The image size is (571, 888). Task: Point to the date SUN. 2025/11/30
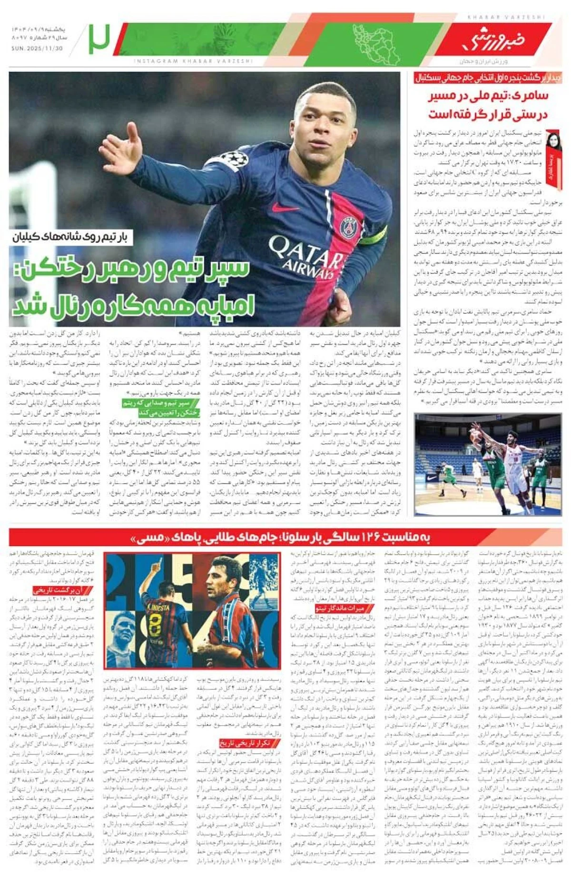[x=37, y=49]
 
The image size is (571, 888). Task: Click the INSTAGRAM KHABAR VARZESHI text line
[x=193, y=61]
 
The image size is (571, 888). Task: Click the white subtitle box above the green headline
[x=72, y=237]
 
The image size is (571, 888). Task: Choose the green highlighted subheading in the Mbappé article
[x=162, y=408]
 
